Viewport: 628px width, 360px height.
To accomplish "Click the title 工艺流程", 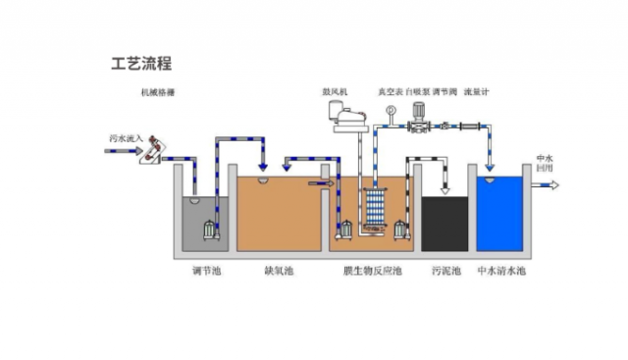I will [140, 65].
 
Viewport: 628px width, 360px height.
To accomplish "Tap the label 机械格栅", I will [157, 93].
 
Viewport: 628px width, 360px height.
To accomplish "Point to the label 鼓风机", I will [333, 93].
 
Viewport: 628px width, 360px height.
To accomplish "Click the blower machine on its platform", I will [344, 117].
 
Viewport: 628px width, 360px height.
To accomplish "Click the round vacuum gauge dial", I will [390, 111].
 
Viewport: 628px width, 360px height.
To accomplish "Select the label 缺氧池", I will [279, 270].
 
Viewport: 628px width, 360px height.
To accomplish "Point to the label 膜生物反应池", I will [371, 270].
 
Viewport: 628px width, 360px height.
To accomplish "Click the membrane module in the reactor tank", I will [374, 208].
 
